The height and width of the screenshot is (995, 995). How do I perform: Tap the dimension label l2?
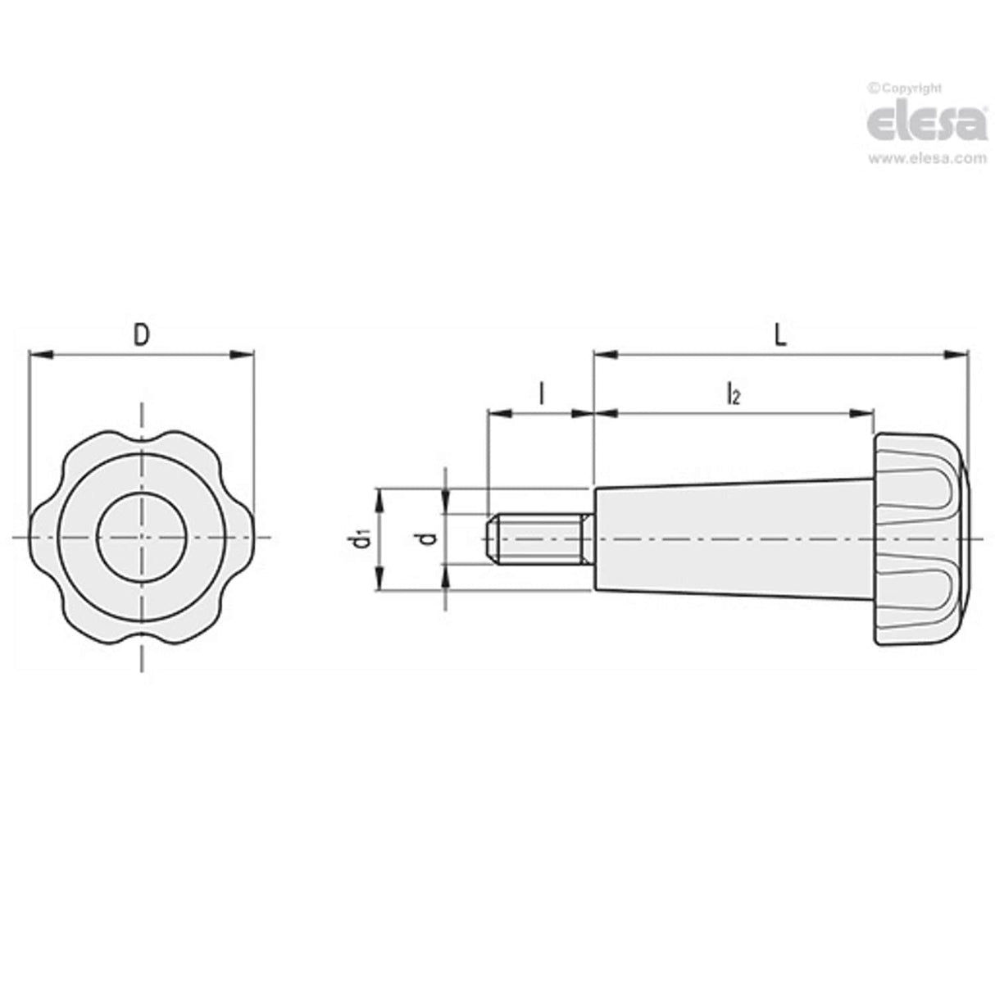point(733,394)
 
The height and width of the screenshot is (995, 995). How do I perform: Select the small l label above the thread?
point(541,394)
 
